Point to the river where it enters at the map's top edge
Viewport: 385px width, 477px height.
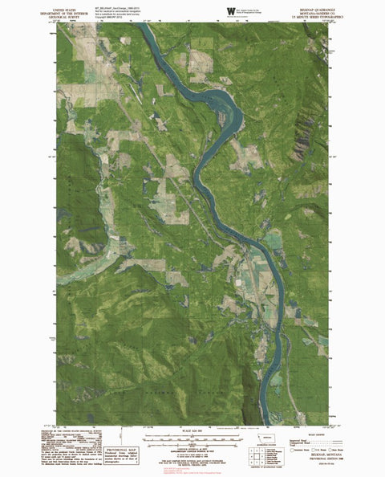[x=142, y=26]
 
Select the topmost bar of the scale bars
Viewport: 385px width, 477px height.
[x=192, y=437]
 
